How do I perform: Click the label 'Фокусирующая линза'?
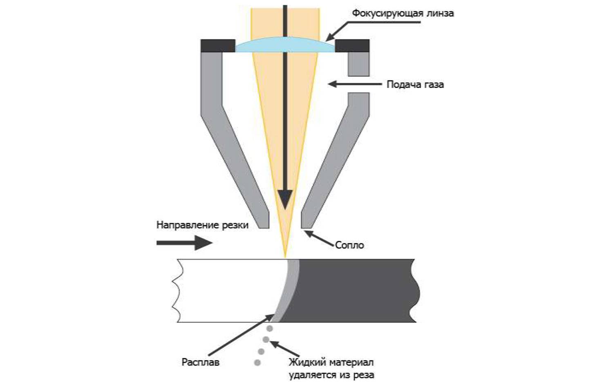point(403,13)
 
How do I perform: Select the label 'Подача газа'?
point(415,84)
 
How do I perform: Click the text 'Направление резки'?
point(202,225)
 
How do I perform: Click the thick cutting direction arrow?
point(184,243)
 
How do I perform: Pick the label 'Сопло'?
point(349,245)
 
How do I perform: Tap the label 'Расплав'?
point(200,362)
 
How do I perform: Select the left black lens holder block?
point(218,45)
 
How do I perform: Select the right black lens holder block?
point(352,45)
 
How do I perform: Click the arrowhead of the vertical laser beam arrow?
point(285,199)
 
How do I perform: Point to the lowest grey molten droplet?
point(257,362)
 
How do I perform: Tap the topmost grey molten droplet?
point(269,329)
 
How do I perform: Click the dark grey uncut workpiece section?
point(356,291)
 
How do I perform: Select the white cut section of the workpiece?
point(225,291)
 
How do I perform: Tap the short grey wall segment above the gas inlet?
point(358,64)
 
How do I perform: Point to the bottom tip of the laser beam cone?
point(285,256)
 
